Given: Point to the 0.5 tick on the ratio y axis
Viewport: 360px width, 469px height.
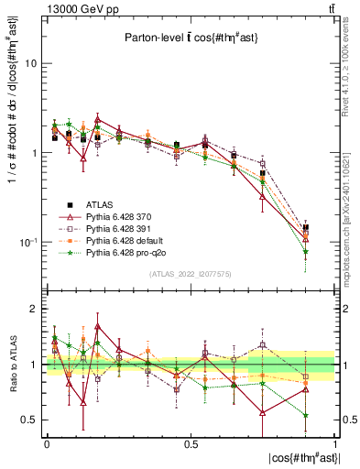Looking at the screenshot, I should click(29, 420).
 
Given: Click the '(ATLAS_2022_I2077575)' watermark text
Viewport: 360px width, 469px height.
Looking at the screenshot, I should click(191, 273).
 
